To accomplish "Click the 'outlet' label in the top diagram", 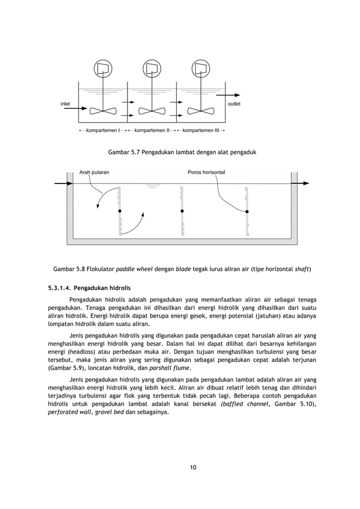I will [x=234, y=104].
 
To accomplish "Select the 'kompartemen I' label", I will [x=102, y=130].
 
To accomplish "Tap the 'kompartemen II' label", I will [x=152, y=130].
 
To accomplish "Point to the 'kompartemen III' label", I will [x=201, y=130].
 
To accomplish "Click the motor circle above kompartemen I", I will [x=103, y=68].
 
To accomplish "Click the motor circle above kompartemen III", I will [x=201, y=68].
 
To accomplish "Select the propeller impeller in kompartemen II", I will [x=152, y=110].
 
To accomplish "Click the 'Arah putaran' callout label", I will [x=94, y=172].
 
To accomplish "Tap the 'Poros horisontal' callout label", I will [x=206, y=172].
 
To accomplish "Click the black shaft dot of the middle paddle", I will [x=182, y=211].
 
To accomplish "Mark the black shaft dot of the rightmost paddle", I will [x=247, y=211].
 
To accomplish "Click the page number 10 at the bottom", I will [x=193, y=467].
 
